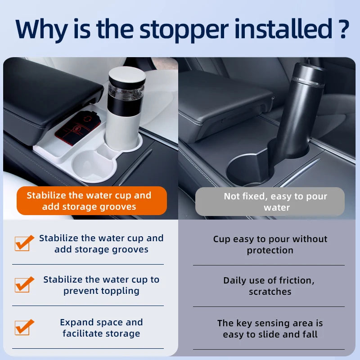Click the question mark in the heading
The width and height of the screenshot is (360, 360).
(x=343, y=28)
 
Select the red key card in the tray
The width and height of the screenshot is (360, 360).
(x=78, y=127)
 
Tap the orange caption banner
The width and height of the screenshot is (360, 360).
(x=92, y=201)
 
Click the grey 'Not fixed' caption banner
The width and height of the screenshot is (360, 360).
(x=270, y=202)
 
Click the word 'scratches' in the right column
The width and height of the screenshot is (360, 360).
(x=270, y=292)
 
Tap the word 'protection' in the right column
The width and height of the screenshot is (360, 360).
(x=270, y=251)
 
